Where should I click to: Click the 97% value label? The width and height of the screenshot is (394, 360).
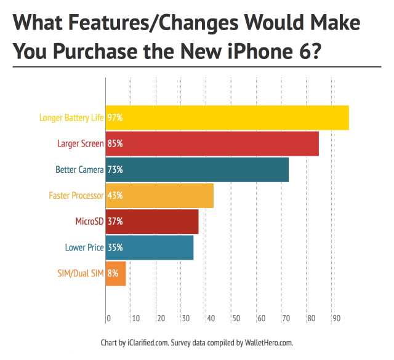coord(115,118)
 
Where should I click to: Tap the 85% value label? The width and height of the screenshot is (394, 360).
coord(115,143)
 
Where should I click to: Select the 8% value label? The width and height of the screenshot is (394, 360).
coord(113,273)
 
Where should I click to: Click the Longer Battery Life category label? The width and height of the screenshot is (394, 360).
coord(71,118)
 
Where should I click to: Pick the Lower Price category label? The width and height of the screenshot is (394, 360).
coord(84,247)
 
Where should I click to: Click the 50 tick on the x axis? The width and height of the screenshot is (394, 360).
coord(236,319)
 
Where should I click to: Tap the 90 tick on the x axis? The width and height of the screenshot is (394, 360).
coord(336,319)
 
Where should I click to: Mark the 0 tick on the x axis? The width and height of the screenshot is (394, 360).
coord(109,319)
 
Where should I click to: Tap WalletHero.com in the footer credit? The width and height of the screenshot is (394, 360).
coord(271,342)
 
